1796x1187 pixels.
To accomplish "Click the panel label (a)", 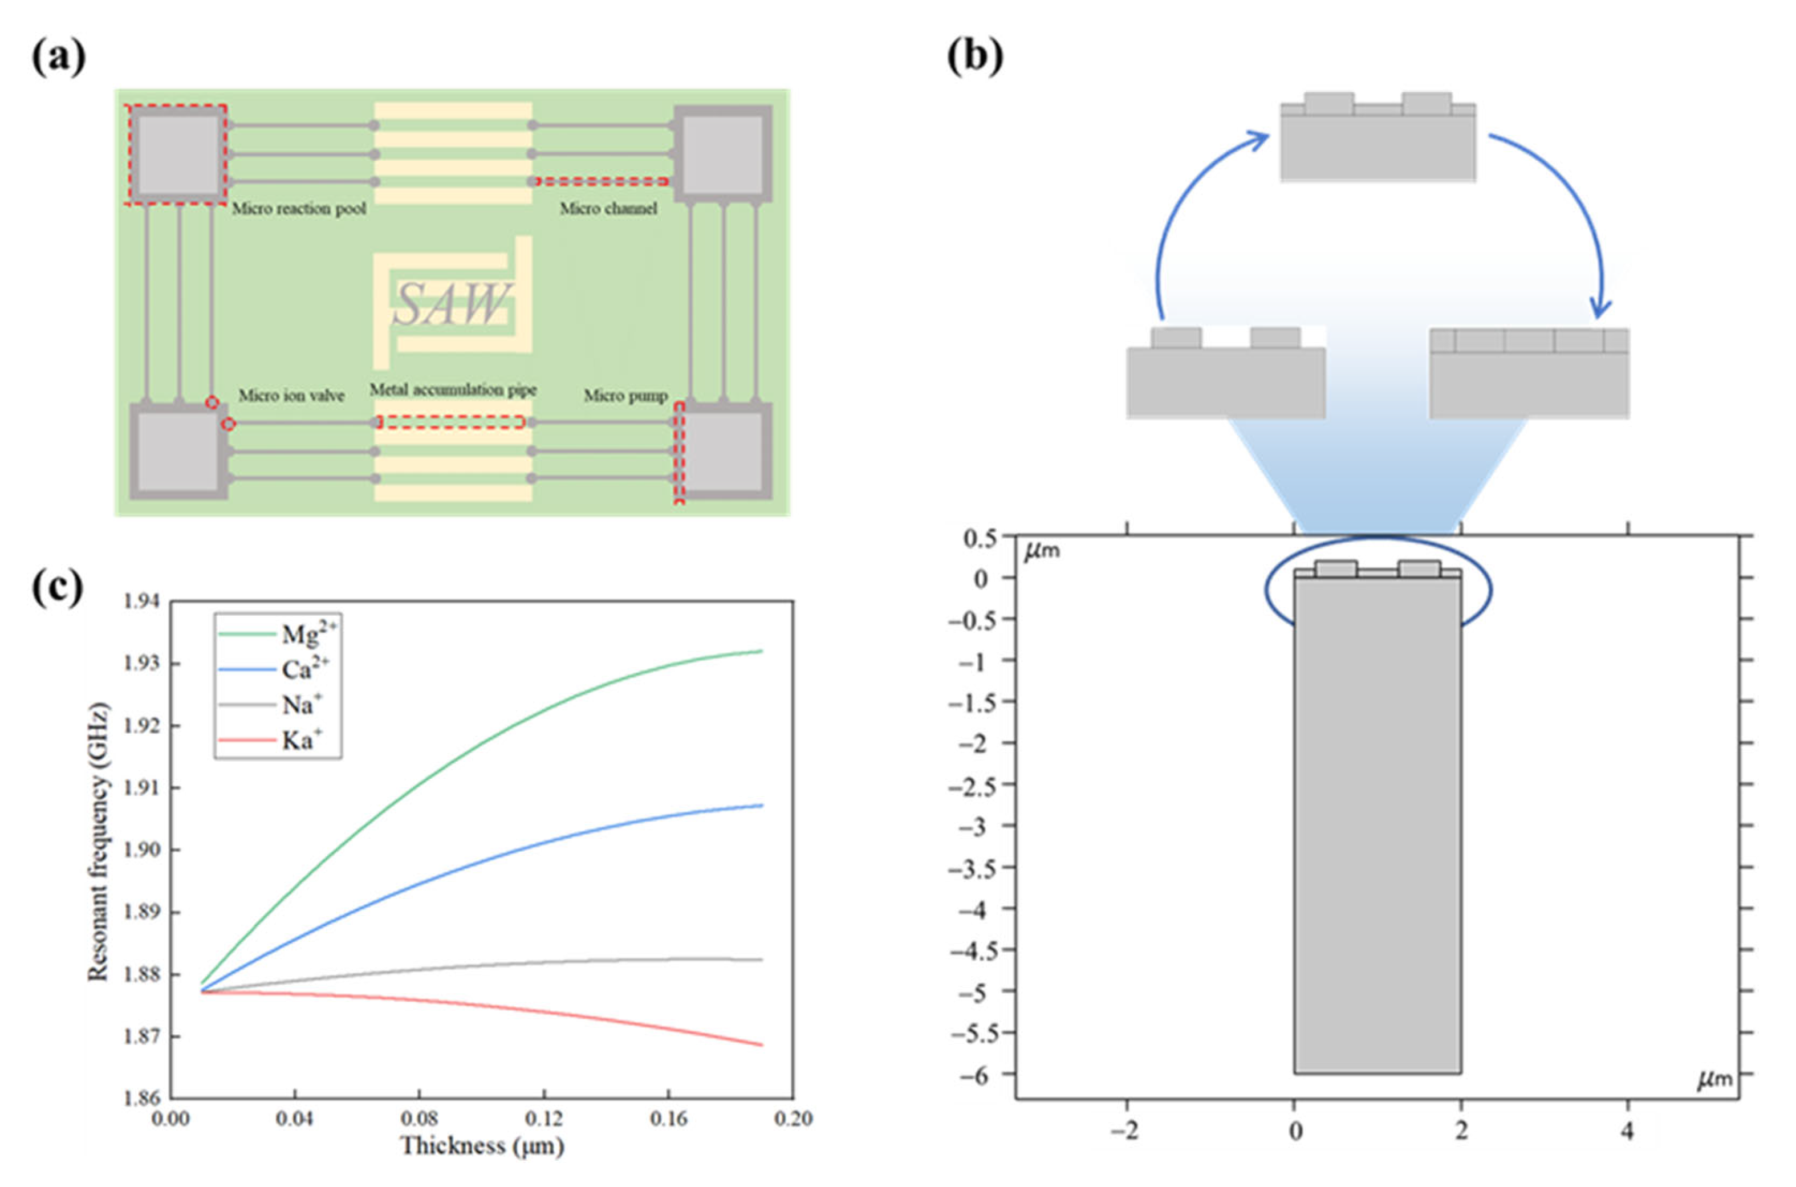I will tap(58, 57).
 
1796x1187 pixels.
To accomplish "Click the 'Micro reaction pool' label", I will tap(298, 208).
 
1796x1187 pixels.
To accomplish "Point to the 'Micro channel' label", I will tap(608, 208).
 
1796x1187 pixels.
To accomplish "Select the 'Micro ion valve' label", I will tap(291, 395).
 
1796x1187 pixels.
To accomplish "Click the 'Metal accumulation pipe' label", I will tap(453, 390).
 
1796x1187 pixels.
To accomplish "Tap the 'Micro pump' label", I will tap(625, 395).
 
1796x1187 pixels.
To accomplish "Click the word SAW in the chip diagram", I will tap(452, 304).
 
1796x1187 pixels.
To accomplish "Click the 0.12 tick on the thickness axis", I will tap(543, 1118).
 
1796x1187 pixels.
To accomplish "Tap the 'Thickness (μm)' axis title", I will tap(482, 1146).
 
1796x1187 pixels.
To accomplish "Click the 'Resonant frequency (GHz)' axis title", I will tap(99, 843).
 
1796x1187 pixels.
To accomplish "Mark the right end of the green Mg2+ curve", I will tap(761, 651).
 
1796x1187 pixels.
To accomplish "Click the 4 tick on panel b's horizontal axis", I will tap(1627, 1132).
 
